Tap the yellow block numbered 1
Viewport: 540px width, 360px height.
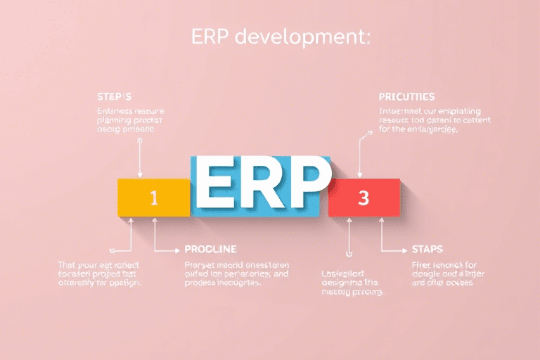pyautogui.click(x=154, y=198)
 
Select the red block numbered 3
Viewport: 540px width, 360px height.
pyautogui.click(x=364, y=198)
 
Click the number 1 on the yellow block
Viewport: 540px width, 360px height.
pyautogui.click(x=155, y=198)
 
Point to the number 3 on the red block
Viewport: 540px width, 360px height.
pyautogui.click(x=364, y=198)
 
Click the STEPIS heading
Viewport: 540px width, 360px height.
pyautogui.click(x=114, y=96)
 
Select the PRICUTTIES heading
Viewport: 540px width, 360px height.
pyautogui.click(x=406, y=96)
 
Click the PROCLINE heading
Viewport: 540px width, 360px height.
pyautogui.click(x=210, y=249)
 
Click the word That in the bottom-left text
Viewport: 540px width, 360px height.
pyautogui.click(x=68, y=264)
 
